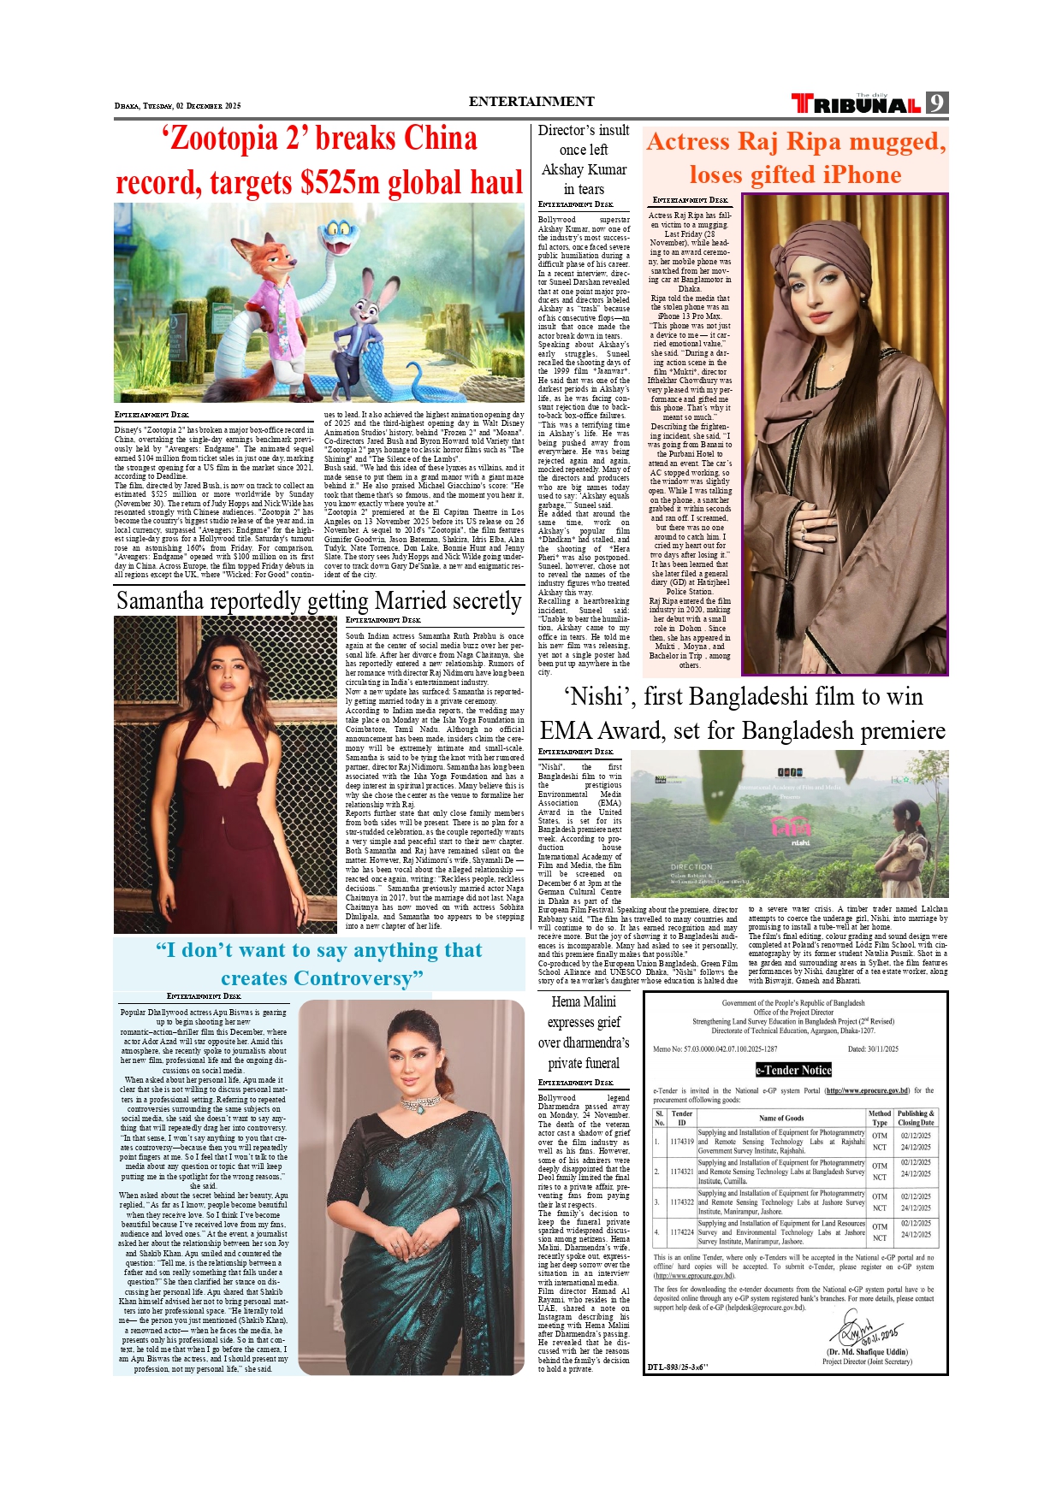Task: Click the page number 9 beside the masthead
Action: pos(937,103)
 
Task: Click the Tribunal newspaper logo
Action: pos(857,104)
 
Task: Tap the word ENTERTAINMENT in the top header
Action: pos(531,102)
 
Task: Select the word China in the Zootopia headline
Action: pos(440,139)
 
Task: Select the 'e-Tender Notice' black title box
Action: pos(793,1070)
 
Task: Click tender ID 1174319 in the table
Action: pos(682,1141)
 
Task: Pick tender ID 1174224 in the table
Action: pos(682,1232)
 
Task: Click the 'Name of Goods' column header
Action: pos(781,1118)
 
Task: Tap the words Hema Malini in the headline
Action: pos(584,1001)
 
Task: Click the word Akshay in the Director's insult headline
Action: pos(562,169)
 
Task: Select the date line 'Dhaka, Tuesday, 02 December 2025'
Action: pos(178,106)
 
